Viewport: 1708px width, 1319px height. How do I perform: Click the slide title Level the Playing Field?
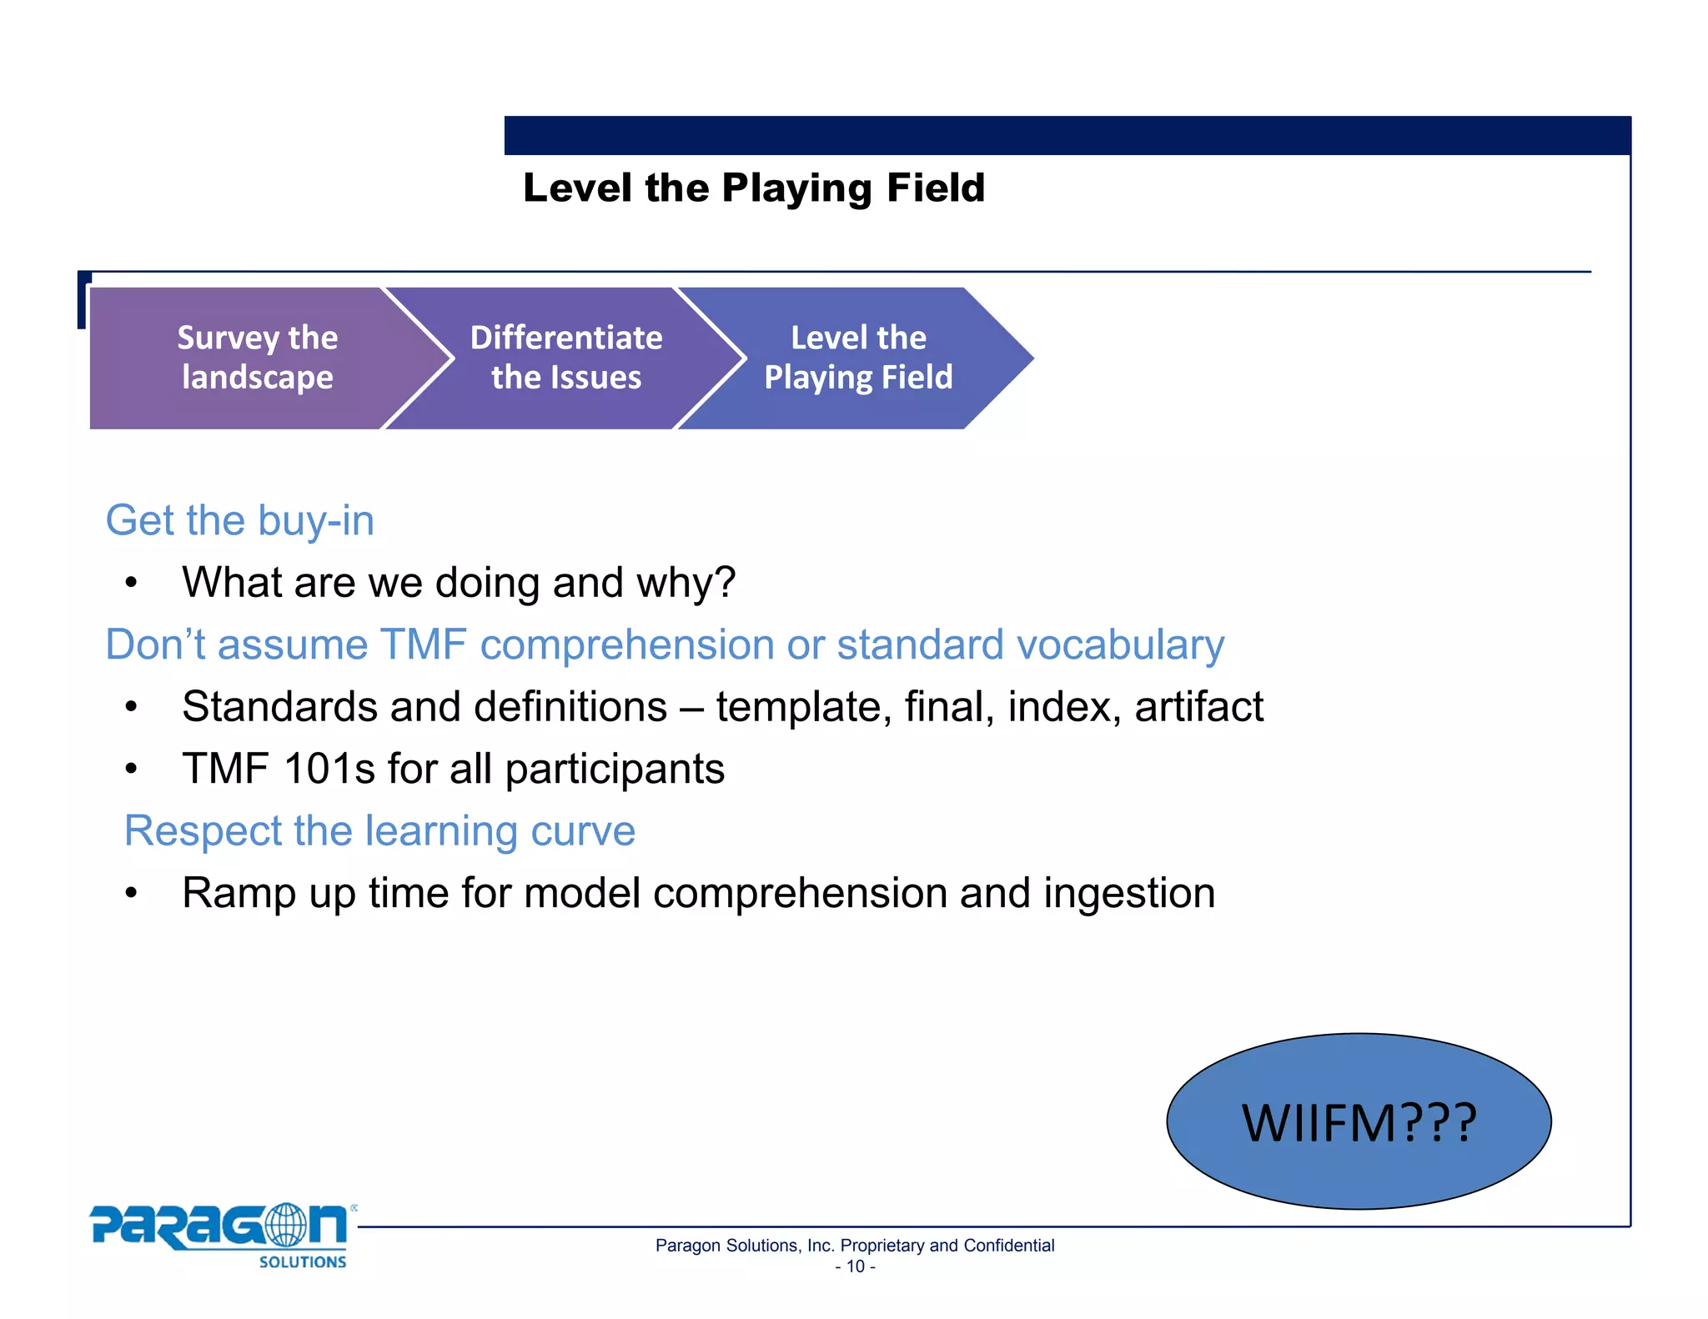(x=753, y=188)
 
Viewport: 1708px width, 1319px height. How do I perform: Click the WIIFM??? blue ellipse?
(x=1358, y=1121)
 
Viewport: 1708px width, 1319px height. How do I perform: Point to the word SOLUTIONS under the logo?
(x=302, y=1262)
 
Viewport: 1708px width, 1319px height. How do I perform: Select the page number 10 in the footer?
(x=855, y=1266)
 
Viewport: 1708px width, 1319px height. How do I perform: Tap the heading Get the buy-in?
(x=239, y=521)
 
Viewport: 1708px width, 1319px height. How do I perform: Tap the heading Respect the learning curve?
(x=379, y=831)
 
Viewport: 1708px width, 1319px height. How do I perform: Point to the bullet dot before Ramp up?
(x=131, y=894)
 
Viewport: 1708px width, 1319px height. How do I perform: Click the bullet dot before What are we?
(x=131, y=583)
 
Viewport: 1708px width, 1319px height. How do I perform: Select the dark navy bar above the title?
(x=1067, y=135)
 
